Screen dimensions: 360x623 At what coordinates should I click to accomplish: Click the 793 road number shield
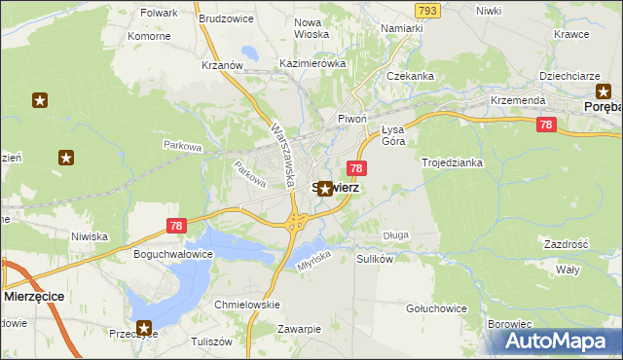(x=425, y=10)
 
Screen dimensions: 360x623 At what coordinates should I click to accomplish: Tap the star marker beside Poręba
(x=603, y=90)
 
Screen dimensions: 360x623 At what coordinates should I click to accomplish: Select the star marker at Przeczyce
(x=145, y=329)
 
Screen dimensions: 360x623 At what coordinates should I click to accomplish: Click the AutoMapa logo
(x=559, y=341)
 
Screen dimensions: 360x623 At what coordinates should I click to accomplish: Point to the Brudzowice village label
(x=225, y=18)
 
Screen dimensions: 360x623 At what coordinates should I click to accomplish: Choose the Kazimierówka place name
(x=312, y=63)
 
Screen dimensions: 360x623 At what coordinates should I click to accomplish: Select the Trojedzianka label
(x=452, y=162)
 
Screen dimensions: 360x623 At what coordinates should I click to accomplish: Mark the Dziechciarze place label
(x=570, y=75)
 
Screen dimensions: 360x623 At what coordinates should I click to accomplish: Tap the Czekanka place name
(x=410, y=75)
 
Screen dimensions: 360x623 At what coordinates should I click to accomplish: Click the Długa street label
(x=395, y=234)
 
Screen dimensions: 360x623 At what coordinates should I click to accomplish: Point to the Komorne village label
(x=149, y=36)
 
